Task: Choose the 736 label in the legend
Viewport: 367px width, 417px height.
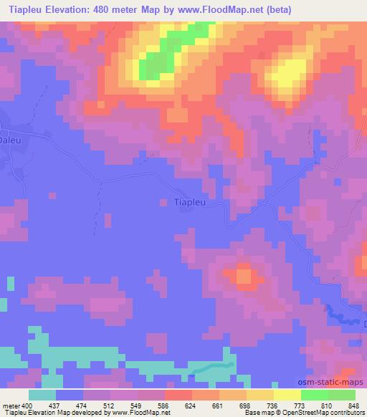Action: coord(273,406)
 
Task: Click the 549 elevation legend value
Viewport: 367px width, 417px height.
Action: coord(137,406)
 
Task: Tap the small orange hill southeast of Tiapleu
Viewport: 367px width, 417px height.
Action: coord(244,275)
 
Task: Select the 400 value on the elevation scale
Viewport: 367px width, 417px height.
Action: coord(28,406)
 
